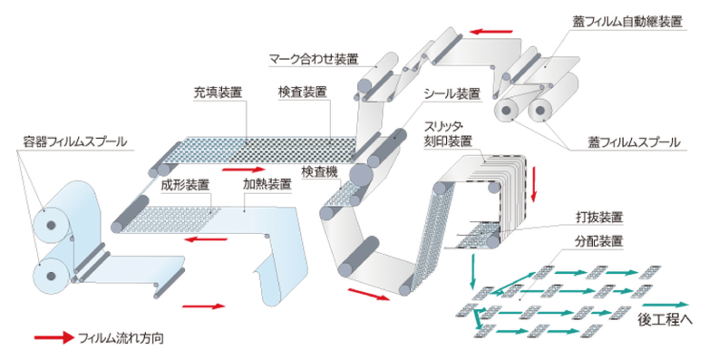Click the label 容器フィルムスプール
pos(75,141)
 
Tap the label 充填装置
pos(218,92)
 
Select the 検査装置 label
pos(302,92)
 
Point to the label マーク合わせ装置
pos(314,59)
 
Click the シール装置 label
pos(452,93)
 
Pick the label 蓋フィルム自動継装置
pos(627,21)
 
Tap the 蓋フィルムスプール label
pos(634,142)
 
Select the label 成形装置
pos(185,184)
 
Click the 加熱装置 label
pos(267,184)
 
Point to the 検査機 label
pos(321,172)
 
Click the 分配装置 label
pos(599,241)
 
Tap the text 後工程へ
pos(665,319)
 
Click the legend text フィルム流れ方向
pos(121,338)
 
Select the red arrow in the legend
pos(54,337)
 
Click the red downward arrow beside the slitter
pos(533,184)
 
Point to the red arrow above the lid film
pos(491,32)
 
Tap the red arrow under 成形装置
pos(206,238)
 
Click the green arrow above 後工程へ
pos(665,305)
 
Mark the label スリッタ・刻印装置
pos(448,133)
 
